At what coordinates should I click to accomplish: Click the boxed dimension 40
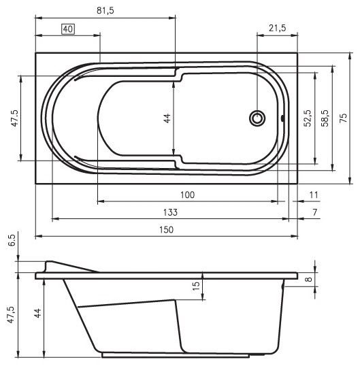tap(68, 29)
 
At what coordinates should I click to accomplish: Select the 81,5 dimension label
tap(105, 11)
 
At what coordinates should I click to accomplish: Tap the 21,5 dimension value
tap(277, 28)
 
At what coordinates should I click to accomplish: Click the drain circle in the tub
tap(257, 118)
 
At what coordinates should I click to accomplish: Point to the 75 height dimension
tap(344, 118)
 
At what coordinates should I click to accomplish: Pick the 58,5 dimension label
tap(325, 118)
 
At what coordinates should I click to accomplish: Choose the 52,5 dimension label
tap(307, 118)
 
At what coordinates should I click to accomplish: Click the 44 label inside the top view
tap(167, 118)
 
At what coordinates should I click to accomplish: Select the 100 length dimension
tap(187, 195)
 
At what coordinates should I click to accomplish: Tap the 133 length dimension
tap(170, 212)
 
